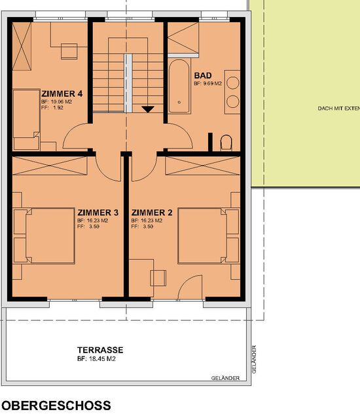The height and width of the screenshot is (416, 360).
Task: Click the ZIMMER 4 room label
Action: pos(62,94)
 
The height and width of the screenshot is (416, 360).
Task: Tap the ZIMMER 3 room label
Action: pos(98,213)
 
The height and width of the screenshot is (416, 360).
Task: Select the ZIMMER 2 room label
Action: pos(152,213)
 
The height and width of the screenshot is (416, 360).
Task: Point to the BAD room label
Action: pos(203,76)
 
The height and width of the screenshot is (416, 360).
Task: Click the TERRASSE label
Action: pos(100,350)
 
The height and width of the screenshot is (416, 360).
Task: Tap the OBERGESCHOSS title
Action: pos(56,406)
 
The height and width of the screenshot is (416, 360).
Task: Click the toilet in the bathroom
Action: pos(226,143)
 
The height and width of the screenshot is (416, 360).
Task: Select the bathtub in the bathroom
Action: pos(179,86)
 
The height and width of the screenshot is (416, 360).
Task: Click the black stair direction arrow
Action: pos(148,109)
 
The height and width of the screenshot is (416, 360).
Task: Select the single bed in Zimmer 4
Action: pos(27,120)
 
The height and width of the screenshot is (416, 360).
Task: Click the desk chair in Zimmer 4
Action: pos(69,51)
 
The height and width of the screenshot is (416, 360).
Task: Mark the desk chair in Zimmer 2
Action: pos(158,278)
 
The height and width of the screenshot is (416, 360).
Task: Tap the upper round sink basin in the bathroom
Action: pos(233,83)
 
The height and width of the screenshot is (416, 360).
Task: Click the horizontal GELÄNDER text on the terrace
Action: pos(225,378)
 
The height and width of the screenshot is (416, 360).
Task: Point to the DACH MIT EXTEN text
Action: pos(339,108)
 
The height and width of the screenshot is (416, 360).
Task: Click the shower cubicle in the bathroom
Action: pos(183,38)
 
